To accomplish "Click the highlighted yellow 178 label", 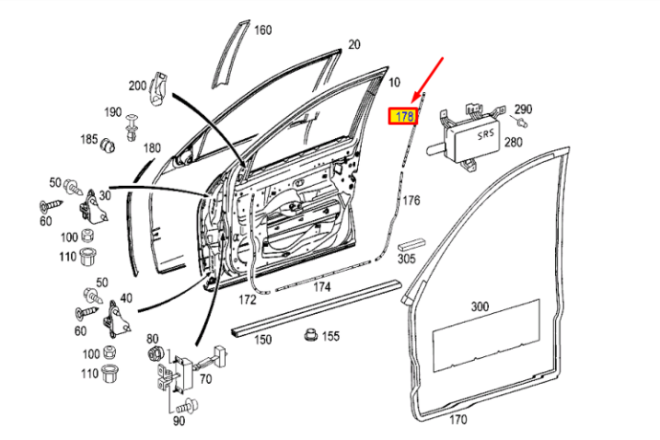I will [x=403, y=116].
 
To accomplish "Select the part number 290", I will [x=524, y=109].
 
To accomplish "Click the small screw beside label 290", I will [x=522, y=122].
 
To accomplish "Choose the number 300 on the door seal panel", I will [x=480, y=306].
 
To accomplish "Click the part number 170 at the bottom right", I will [x=457, y=420].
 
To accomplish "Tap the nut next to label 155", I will [x=311, y=335].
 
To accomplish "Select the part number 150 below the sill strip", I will [x=263, y=341].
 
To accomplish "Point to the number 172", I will [x=248, y=300].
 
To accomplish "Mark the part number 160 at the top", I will [x=263, y=30].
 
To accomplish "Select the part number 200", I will [x=137, y=86].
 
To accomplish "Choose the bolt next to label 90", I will [x=188, y=406].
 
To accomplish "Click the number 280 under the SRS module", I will [x=512, y=142].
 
